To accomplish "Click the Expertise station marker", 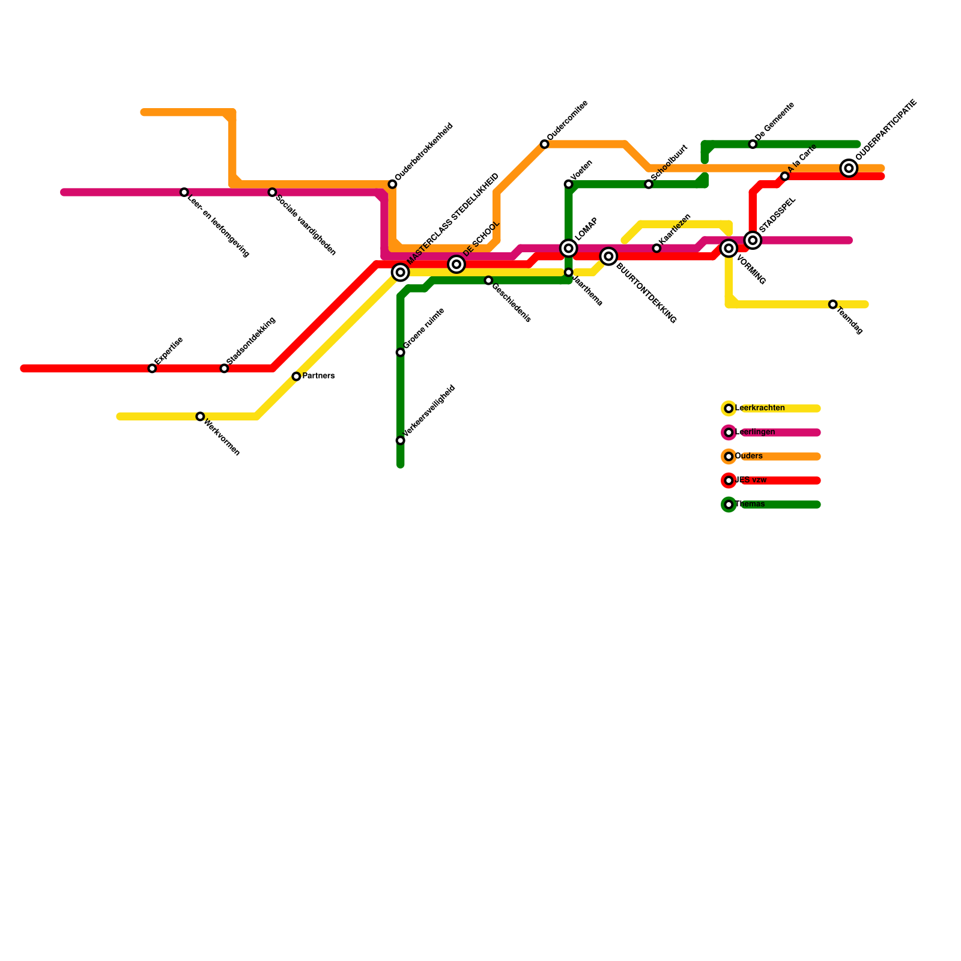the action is tap(153, 368).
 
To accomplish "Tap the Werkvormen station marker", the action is tap(200, 416).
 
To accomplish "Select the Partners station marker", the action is tap(296, 377).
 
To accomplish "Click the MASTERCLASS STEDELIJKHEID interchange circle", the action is tap(401, 272).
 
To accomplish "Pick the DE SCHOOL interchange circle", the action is tap(456, 264).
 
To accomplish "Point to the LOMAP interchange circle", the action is tap(568, 248).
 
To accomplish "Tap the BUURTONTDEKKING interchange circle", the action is tap(608, 256).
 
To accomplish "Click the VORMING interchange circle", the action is tap(729, 248).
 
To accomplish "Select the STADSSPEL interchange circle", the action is tap(753, 240).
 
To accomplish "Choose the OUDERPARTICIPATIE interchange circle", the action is tap(849, 168).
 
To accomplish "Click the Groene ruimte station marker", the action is tap(401, 353).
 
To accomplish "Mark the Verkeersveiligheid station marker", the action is tap(401, 440).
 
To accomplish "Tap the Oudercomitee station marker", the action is tap(544, 144).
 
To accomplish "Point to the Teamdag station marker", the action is tap(832, 305).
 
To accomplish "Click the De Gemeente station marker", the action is tap(753, 144).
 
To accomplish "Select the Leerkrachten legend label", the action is tap(760, 408).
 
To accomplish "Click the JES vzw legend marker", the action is tap(729, 480).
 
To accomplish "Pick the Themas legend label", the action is tap(750, 505).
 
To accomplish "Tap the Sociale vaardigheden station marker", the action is tap(272, 192).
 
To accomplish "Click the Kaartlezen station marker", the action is tap(656, 248).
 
